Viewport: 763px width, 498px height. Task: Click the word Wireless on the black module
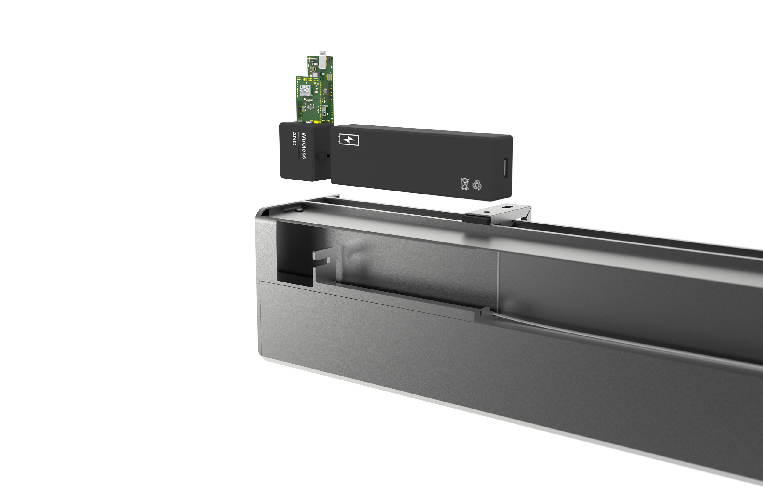304,146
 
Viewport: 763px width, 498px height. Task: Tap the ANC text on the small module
294,138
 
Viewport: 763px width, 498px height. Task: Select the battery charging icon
348,140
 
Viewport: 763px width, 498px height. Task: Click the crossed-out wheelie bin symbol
465,184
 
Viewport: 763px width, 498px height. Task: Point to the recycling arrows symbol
477,185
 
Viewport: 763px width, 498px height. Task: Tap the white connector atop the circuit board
322,59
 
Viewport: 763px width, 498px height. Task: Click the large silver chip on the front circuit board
306,90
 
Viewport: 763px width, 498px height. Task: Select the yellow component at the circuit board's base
318,122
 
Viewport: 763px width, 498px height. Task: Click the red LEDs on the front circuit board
316,91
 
